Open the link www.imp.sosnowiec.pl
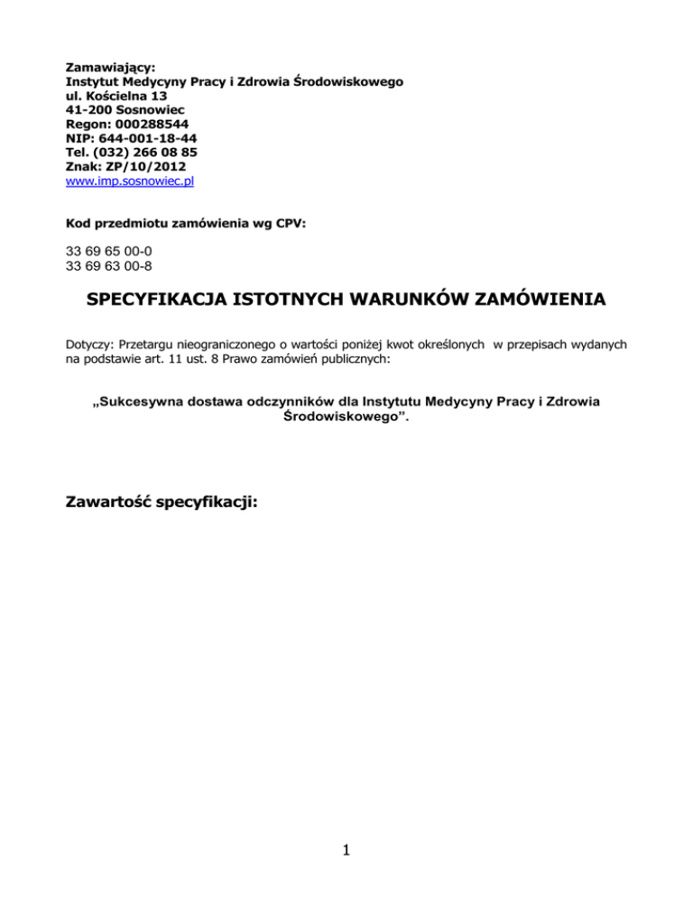point(131,180)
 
